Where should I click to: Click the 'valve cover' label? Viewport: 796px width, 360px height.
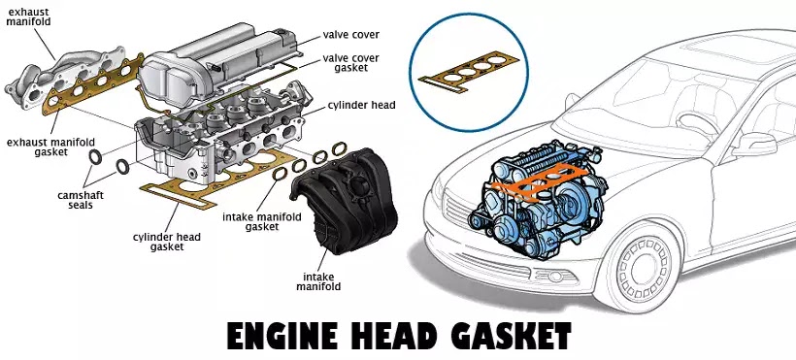[x=350, y=35]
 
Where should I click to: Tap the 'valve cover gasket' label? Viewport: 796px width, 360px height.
[x=350, y=62]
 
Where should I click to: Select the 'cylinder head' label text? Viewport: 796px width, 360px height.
[x=361, y=106]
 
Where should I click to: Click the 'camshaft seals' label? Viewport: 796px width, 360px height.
[x=81, y=200]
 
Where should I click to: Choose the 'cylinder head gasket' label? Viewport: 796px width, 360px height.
[x=167, y=242]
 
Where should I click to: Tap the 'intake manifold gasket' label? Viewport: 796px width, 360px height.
[x=262, y=222]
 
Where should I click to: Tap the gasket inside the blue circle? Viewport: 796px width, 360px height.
[x=469, y=72]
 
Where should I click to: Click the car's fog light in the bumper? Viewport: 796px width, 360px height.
[x=555, y=277]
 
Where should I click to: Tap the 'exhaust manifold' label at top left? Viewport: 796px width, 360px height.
[x=28, y=16]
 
